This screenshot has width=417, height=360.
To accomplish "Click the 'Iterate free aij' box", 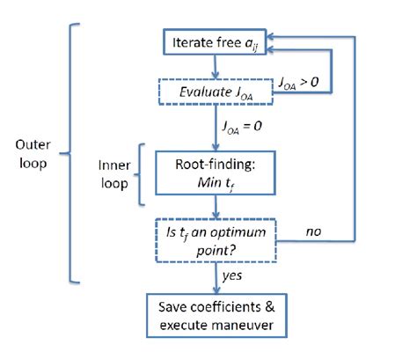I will [x=216, y=41].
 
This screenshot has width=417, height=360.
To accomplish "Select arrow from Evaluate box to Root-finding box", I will [x=214, y=130].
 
